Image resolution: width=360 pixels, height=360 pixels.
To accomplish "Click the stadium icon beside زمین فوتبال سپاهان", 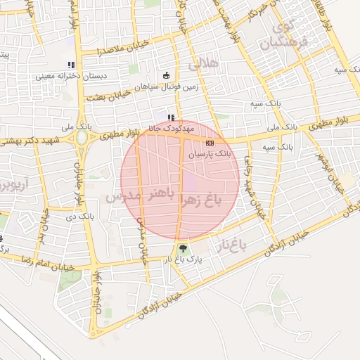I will [167, 75].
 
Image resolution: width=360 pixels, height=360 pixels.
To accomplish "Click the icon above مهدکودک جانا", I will [170, 117].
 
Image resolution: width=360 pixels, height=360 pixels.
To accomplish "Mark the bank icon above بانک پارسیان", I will [210, 142].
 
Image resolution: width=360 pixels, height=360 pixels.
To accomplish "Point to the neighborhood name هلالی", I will [205, 65].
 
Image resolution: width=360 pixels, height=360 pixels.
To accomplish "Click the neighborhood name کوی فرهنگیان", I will [292, 37].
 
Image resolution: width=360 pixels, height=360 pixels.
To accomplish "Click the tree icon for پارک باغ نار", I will [183, 247].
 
